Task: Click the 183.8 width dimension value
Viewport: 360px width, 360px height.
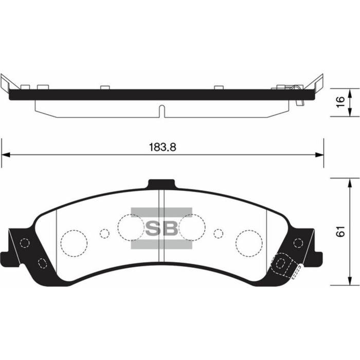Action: pos(163,147)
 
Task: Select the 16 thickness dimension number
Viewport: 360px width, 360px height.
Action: pos(338,101)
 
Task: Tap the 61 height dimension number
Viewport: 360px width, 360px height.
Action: pos(339,232)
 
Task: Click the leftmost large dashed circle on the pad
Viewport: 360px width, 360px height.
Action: pos(73,241)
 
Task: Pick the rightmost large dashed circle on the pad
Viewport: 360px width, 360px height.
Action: pos(249,241)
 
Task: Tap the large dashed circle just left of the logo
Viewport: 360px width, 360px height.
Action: pos(130,227)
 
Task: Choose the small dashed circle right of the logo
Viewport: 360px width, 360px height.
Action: pos(218,233)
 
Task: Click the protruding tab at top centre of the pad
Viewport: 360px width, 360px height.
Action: pos(161,185)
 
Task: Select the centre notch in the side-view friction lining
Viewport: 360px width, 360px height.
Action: pos(161,110)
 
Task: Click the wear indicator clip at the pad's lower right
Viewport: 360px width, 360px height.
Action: pos(285,265)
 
